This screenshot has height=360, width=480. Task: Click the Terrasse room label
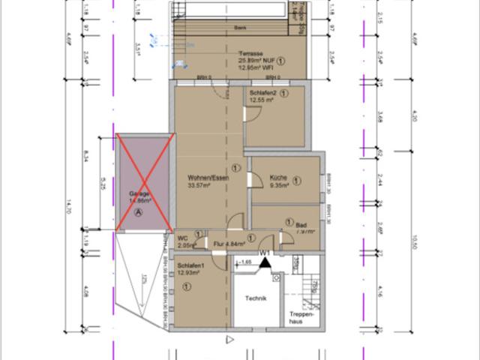(251, 53)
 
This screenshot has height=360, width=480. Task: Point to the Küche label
(278, 178)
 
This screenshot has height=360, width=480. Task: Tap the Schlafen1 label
(193, 266)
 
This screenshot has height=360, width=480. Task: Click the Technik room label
(256, 298)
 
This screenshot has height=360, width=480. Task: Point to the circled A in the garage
(138, 212)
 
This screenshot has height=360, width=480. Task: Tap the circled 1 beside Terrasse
(280, 61)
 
